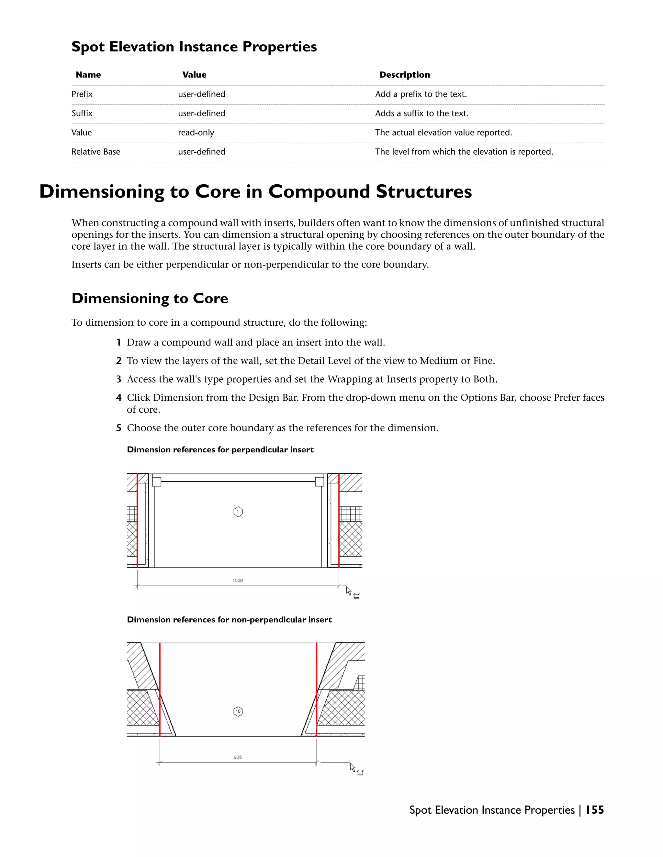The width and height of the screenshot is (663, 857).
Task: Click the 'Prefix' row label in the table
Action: coord(82,94)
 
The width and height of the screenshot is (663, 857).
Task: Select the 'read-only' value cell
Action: coord(196,133)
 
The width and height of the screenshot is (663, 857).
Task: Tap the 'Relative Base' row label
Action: coord(96,152)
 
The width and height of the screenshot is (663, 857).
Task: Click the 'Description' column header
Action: coord(405,75)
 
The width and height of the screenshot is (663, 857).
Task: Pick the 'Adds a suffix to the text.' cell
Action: coord(422,114)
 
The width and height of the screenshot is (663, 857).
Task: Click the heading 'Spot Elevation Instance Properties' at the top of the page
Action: coord(194,47)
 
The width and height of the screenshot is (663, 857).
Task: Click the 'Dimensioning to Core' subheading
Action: coord(150,298)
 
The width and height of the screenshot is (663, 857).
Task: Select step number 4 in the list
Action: coord(118,397)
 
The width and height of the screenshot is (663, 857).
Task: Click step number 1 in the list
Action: coord(118,342)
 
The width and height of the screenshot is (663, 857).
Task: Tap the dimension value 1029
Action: coord(238,580)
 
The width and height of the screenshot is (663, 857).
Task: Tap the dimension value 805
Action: coord(238,757)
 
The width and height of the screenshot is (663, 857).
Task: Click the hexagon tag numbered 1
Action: coord(238,512)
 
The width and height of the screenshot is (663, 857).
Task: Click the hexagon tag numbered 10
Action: coord(238,711)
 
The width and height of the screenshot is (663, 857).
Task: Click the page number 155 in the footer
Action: coord(595,810)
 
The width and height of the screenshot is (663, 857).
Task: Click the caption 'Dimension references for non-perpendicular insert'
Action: coord(230,620)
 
